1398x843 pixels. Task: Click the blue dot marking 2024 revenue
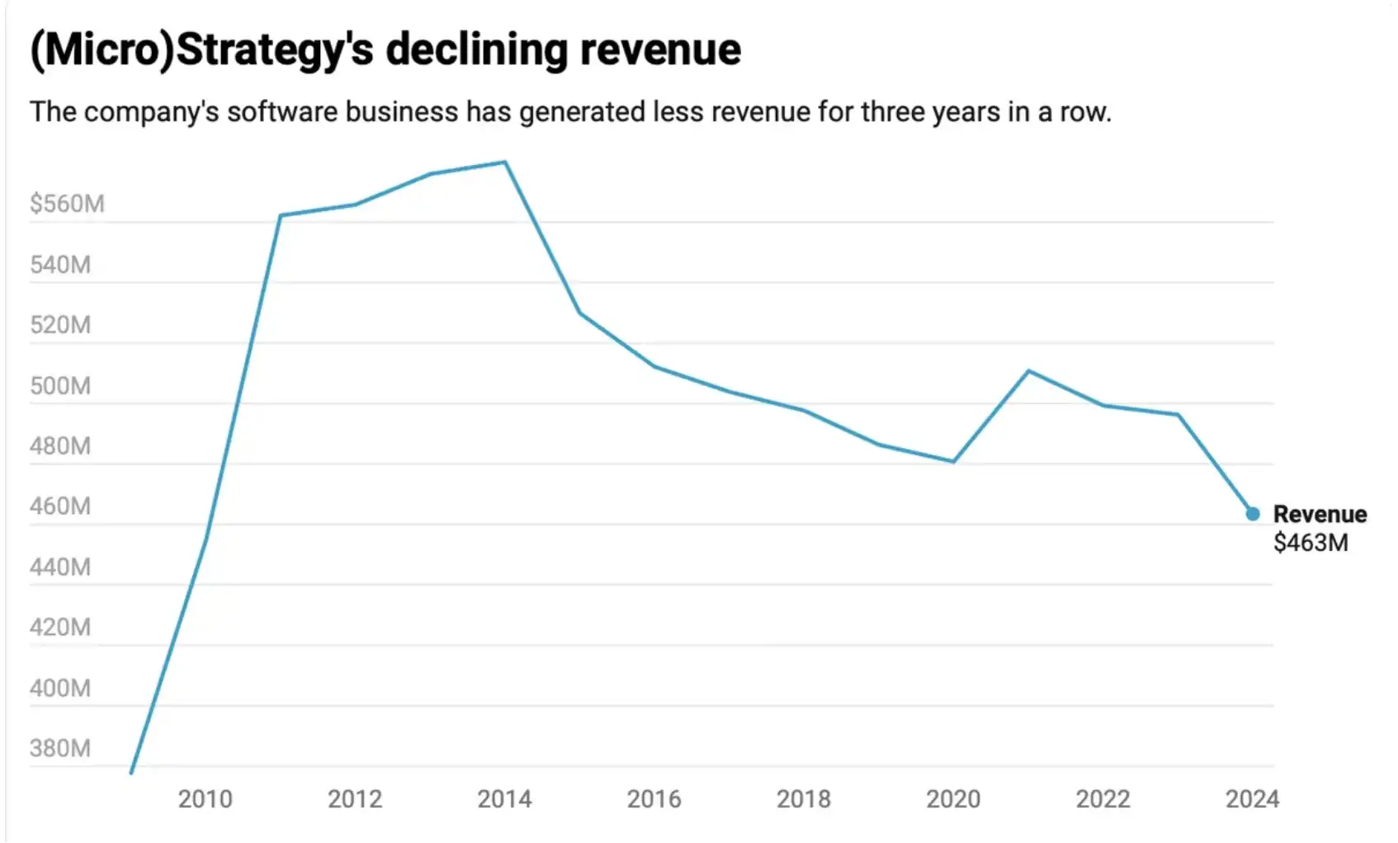pos(1252,514)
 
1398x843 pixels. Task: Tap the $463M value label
pos(1311,543)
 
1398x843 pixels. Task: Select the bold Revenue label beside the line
pos(1320,514)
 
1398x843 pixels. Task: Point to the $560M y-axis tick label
pos(67,204)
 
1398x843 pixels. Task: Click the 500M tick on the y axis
pos(60,386)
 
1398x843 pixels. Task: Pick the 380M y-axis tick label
pos(60,748)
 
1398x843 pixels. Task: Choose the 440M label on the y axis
pos(60,567)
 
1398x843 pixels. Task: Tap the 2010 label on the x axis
pos(205,798)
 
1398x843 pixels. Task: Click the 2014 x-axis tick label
pos(504,798)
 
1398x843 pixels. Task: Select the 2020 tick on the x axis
pos(953,798)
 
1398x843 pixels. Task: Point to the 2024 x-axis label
pos(1252,798)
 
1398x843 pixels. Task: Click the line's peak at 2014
pos(505,162)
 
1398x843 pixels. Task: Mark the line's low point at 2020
pos(953,461)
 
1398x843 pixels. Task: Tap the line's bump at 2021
pos(1028,370)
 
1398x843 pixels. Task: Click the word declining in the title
pos(476,49)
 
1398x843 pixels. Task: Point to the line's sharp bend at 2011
pos(281,215)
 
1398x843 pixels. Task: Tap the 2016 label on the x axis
pos(654,798)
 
